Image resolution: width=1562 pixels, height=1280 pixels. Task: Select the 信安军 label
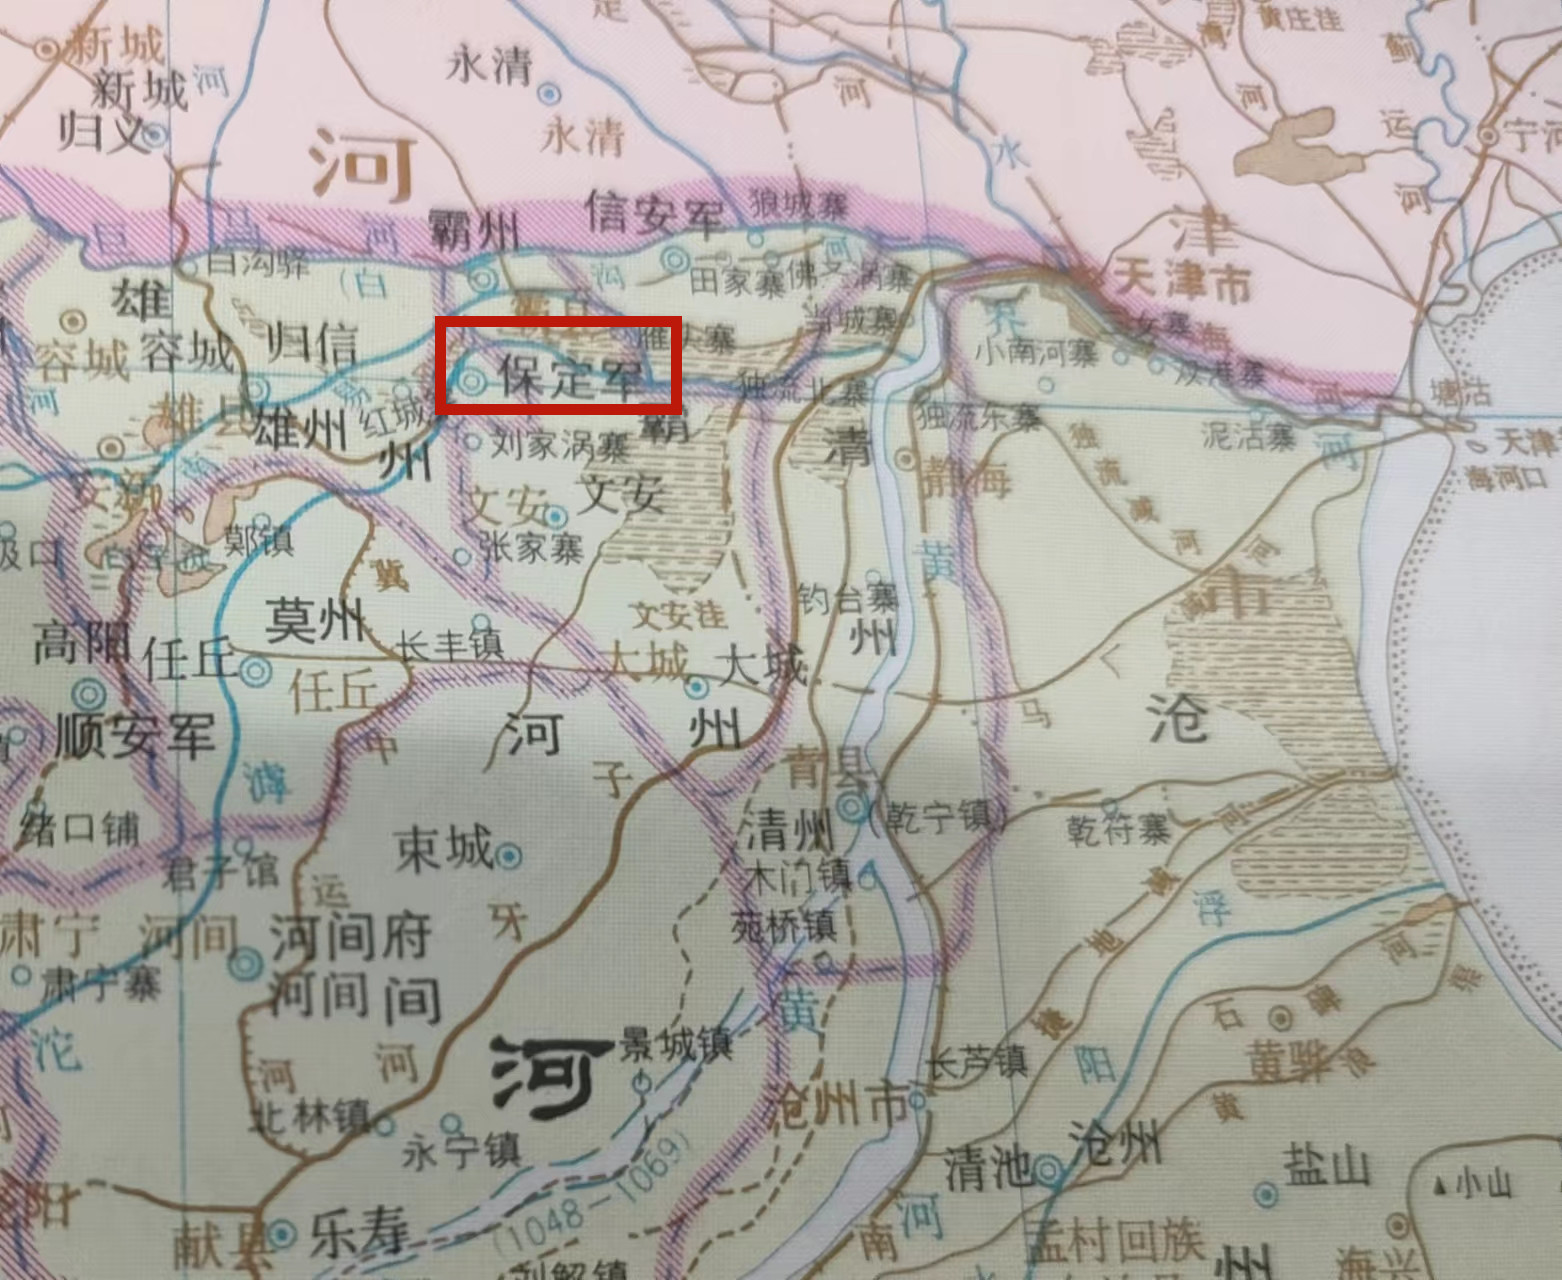pyautogui.click(x=655, y=212)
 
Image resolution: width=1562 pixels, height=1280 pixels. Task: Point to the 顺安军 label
pyautogui.click(x=134, y=734)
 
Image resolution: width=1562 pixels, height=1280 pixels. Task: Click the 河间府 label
pyautogui.click(x=350, y=936)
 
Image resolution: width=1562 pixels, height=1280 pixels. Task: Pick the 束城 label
pyautogui.click(x=444, y=850)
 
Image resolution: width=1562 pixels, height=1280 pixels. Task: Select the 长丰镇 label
pyautogui.click(x=449, y=646)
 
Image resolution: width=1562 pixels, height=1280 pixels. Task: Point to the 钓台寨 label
pyautogui.click(x=848, y=599)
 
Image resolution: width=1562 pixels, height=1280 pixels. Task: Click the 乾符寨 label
pyautogui.click(x=1118, y=829)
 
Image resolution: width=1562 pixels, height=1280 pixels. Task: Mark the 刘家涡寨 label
pyautogui.click(x=560, y=443)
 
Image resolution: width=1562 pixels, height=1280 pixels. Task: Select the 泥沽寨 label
pyautogui.click(x=1248, y=435)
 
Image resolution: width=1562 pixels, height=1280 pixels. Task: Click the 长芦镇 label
pyautogui.click(x=977, y=1060)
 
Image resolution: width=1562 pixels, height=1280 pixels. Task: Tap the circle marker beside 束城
pyautogui.click(x=511, y=856)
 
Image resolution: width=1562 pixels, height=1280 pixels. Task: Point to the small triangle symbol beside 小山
pyautogui.click(x=1440, y=1186)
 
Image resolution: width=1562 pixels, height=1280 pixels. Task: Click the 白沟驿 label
pyautogui.click(x=258, y=262)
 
